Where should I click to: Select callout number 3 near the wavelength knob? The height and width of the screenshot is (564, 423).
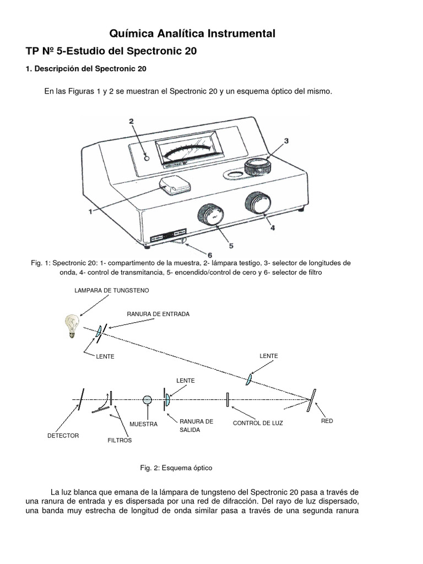click(286, 141)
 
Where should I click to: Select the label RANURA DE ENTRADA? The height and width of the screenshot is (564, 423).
click(158, 313)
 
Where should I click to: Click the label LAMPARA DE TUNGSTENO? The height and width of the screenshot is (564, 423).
click(112, 290)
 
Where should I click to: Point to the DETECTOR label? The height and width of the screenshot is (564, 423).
click(63, 436)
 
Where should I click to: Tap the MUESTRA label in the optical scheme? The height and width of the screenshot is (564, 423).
click(143, 424)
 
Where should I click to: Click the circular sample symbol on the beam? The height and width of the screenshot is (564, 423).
click(147, 400)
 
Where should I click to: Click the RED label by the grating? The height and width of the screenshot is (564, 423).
click(327, 421)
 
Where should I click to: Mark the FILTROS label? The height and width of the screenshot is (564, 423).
click(120, 441)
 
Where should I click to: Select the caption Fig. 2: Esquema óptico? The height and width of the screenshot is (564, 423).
click(176, 467)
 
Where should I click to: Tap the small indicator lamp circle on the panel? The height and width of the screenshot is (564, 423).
click(147, 158)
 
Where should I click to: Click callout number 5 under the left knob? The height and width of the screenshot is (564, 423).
click(231, 246)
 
